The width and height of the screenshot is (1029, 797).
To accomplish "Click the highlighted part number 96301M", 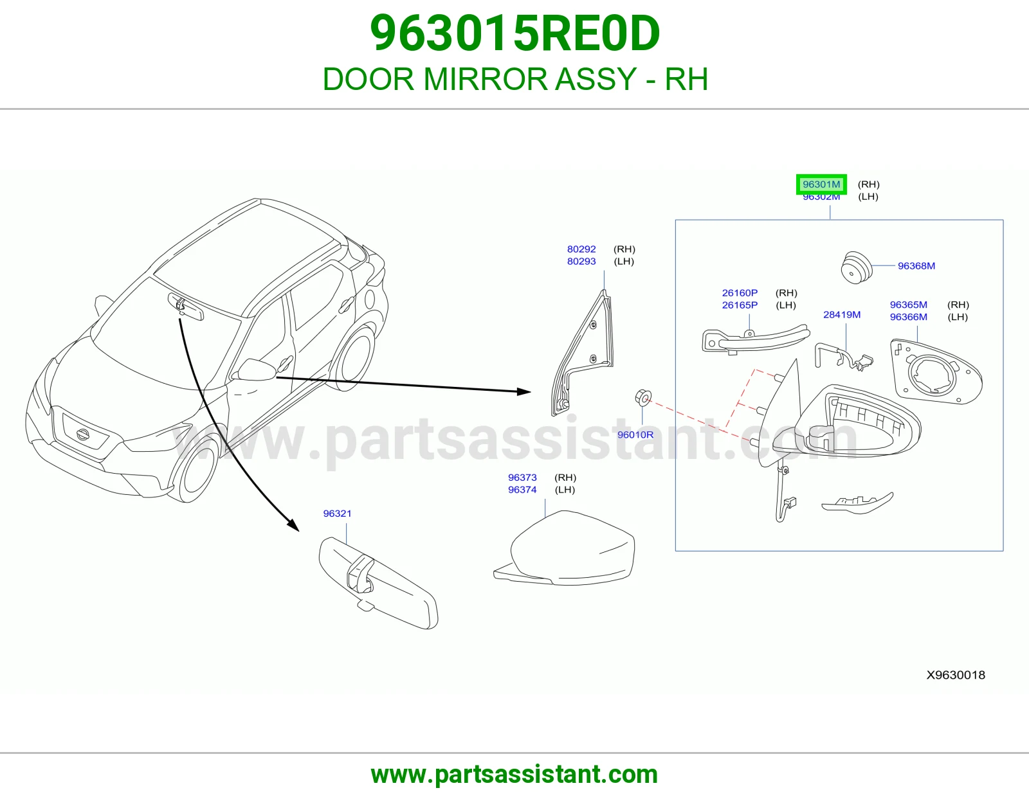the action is tap(821, 184).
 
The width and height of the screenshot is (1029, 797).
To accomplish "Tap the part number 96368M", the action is tap(916, 266).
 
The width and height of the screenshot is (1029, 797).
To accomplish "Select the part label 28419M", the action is tap(842, 315).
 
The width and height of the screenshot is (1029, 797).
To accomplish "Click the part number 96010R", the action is tap(635, 434).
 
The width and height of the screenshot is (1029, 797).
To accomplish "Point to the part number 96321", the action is tap(337, 514).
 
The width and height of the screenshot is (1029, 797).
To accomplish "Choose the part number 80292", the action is tap(581, 249).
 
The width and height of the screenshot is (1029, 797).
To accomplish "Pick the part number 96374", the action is tap(522, 490).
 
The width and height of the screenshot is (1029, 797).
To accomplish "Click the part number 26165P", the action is tap(740, 305).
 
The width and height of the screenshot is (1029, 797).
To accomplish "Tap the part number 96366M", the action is tap(908, 317).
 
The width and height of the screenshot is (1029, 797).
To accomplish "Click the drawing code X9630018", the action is tap(956, 675).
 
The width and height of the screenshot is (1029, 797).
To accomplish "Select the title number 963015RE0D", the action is tap(514, 33).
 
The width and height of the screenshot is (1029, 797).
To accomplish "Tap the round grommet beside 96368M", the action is tap(856, 267).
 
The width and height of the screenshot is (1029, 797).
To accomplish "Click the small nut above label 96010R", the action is tap(643, 398).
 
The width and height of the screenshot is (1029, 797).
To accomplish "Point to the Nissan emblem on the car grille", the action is tap(83, 434).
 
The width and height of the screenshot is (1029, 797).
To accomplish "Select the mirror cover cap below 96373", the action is tap(564, 548).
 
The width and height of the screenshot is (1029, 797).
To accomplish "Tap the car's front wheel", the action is tap(194, 469).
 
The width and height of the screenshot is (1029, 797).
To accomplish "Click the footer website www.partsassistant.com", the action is tap(514, 775).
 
